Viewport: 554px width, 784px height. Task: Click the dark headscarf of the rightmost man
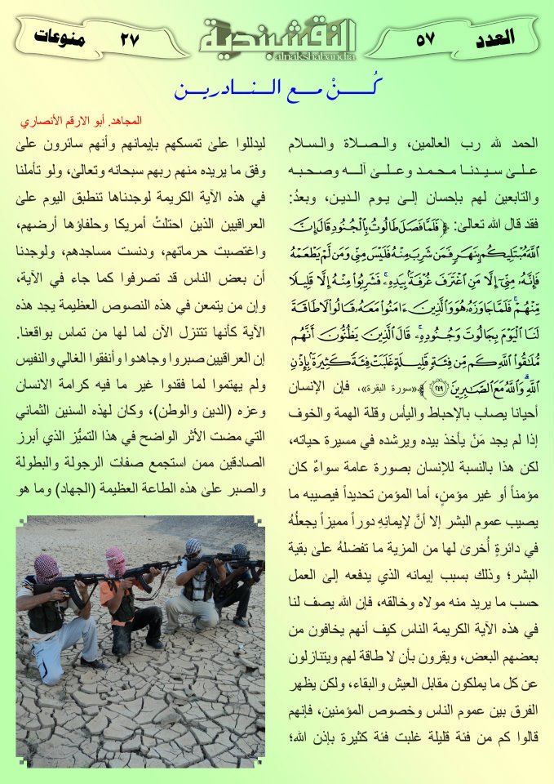coord(239,551)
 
